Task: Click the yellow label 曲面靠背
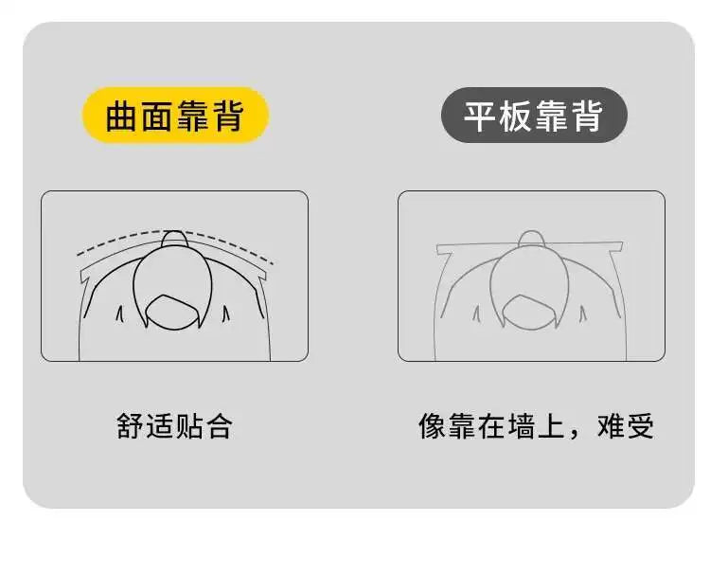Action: (175, 115)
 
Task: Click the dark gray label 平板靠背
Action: (534, 115)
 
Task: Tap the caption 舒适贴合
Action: (175, 426)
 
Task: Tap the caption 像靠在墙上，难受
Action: (536, 426)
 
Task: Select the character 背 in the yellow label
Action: (230, 116)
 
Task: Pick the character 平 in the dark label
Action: (480, 116)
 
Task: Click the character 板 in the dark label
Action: (516, 116)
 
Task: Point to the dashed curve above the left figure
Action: (175, 233)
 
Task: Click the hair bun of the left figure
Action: (175, 239)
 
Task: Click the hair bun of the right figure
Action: (532, 239)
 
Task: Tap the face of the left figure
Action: (172, 312)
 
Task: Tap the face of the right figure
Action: (529, 312)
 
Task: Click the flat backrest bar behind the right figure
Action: (530, 247)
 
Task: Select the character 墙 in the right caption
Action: (522, 426)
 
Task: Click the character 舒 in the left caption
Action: (131, 426)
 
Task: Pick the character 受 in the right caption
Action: (641, 426)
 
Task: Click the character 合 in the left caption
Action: (220, 426)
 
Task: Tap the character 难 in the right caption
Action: (612, 426)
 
